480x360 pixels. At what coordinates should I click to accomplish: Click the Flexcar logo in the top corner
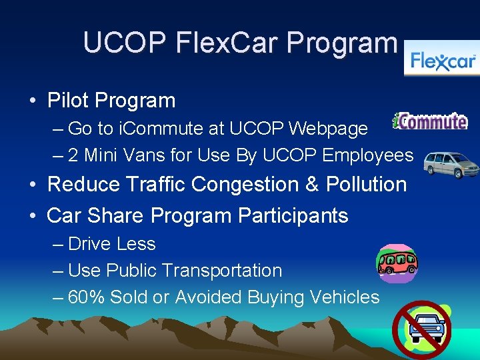(443, 61)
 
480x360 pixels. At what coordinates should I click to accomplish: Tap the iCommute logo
(430, 121)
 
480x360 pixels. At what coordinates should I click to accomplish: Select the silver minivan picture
(452, 164)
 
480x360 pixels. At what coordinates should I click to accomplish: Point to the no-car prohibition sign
(421, 329)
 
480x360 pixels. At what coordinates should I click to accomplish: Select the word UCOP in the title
(125, 43)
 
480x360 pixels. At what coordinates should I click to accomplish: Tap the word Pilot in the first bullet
(69, 101)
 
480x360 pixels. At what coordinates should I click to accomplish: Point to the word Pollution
(366, 184)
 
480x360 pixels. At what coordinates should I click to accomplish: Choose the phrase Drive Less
(111, 244)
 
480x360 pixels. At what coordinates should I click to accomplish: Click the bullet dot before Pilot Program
(32, 101)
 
